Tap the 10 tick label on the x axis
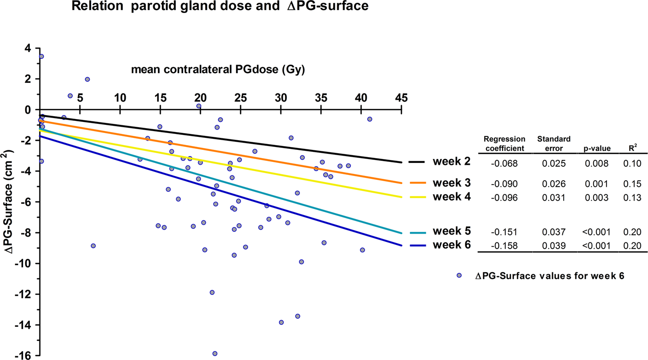(x=120, y=97)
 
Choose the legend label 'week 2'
(x=451, y=162)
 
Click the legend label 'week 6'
(x=451, y=245)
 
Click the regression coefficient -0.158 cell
(x=504, y=246)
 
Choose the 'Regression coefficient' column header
(x=504, y=144)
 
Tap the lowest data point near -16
(x=215, y=354)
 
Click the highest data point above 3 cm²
(x=41, y=56)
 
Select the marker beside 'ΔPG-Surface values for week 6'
(x=459, y=275)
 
